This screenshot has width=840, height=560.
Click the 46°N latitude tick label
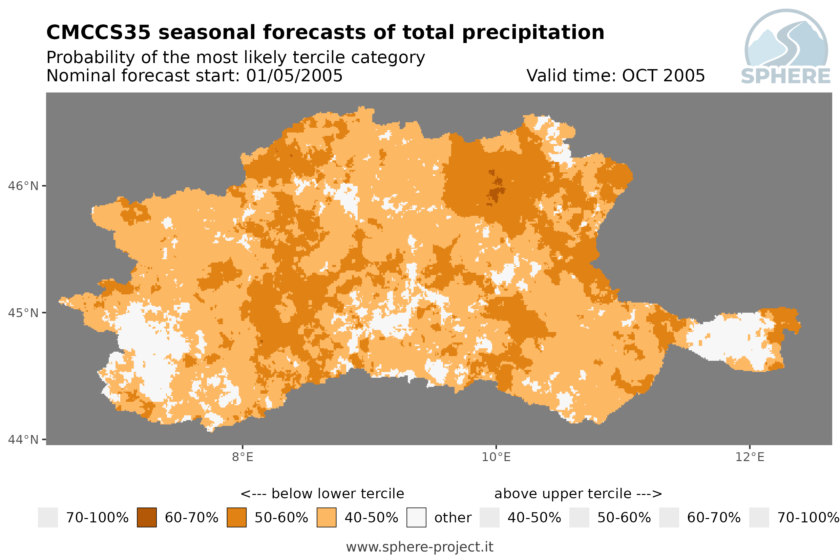coord(23,186)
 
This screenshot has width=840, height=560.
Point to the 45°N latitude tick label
coord(23,313)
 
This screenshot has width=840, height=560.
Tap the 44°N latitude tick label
coord(23,440)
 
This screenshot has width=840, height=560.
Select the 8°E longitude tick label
coord(243,457)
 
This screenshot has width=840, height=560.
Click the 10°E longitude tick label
coord(496,457)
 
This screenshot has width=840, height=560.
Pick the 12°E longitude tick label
coord(750,457)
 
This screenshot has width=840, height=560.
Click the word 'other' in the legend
coord(453,518)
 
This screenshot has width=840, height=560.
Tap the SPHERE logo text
coord(786,76)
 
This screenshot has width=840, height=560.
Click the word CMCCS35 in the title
coord(99,32)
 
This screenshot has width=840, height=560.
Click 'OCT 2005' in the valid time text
coord(663,76)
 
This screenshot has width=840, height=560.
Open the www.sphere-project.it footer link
coord(420,547)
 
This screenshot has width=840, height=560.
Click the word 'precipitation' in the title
coord(533,33)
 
